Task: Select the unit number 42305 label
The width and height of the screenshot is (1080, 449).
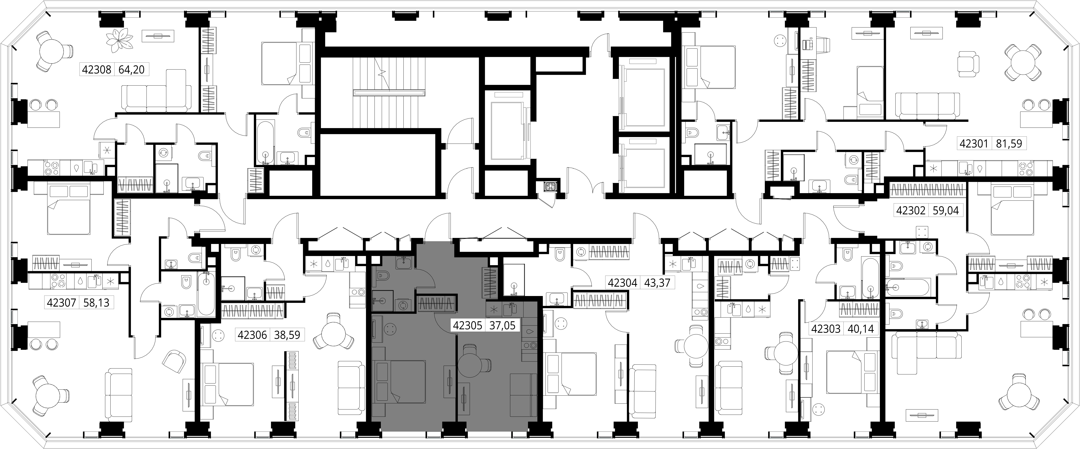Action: point(468,325)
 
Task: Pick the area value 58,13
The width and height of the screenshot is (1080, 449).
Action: point(96,302)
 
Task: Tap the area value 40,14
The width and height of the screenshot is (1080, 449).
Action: point(861,329)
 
